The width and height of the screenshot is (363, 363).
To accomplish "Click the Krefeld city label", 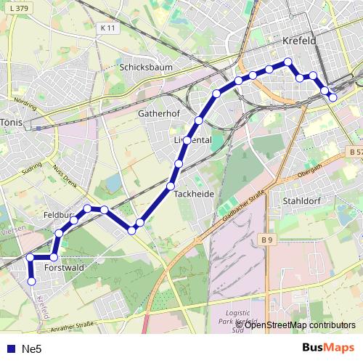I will pos(300,41).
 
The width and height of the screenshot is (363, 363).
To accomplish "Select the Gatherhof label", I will pos(158,114).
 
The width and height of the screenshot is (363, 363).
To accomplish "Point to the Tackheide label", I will pos(194,194).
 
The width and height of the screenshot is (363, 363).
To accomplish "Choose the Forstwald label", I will pos(65,268).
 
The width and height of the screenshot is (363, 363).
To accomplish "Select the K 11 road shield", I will pos(107,28).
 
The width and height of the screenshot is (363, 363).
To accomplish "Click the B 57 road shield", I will pos(354,152).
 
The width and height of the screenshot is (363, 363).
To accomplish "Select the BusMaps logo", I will pos(328,348).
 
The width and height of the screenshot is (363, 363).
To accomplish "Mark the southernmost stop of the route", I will pos(31,282).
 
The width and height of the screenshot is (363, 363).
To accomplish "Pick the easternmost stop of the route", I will pos(333,97).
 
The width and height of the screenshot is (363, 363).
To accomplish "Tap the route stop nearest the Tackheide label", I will pos(171,187).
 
